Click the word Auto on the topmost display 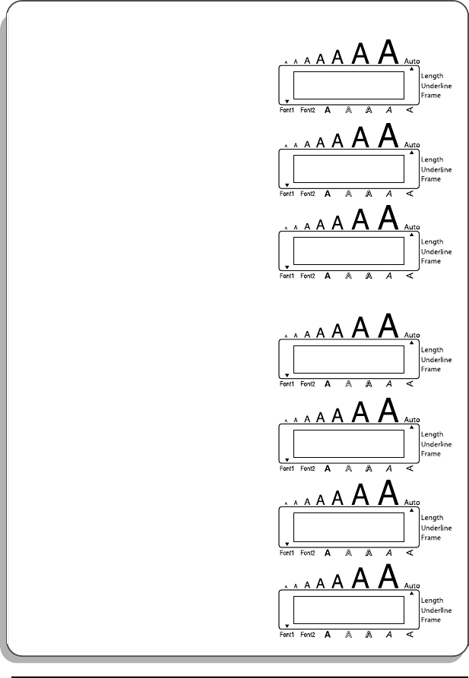[412, 60]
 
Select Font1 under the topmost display [287, 110]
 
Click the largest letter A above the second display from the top [388, 134]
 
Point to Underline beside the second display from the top [436, 169]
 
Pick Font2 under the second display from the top [308, 194]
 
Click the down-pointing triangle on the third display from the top [287, 267]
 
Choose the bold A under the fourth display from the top [328, 384]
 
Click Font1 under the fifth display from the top [287, 468]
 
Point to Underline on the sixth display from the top [436, 528]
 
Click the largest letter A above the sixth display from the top [388, 493]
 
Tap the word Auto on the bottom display [412, 587]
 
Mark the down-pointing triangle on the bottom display [287, 627]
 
